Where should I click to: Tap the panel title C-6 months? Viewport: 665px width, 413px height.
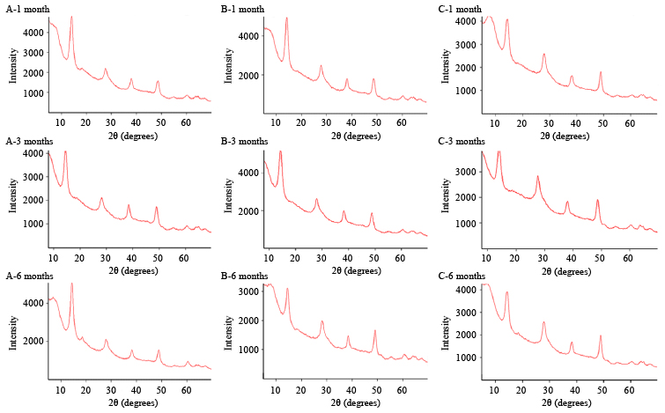[460, 276]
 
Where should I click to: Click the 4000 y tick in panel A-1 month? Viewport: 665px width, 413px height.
[31, 33]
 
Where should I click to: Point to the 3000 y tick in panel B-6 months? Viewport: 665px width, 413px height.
[248, 286]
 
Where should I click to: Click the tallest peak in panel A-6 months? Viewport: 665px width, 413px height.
[71, 284]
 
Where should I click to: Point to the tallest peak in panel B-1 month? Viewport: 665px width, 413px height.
[286, 18]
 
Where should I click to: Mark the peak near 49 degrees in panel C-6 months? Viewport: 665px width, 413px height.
[601, 336]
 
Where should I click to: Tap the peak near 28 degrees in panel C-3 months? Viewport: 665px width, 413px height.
[538, 176]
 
